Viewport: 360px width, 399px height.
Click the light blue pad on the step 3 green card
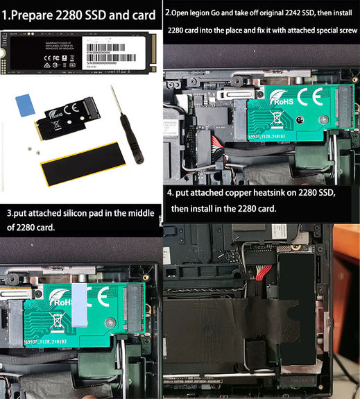coord(76,305)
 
